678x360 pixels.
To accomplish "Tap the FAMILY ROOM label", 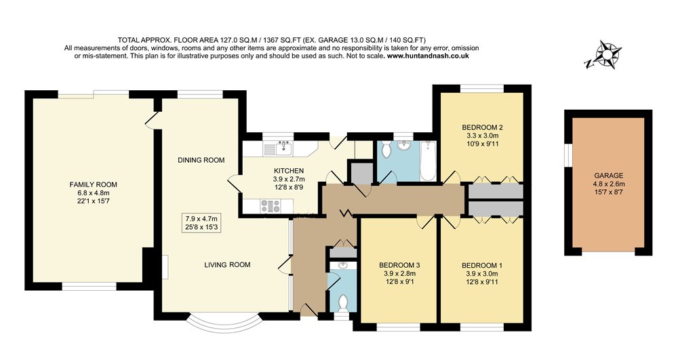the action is (x=93, y=184).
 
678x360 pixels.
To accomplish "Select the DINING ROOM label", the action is (x=201, y=160).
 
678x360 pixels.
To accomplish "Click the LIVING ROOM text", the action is (x=227, y=264).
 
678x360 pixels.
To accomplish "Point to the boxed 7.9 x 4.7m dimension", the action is (x=201, y=222).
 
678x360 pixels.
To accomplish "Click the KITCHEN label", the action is (x=288, y=171).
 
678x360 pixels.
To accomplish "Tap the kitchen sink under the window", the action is (x=284, y=148).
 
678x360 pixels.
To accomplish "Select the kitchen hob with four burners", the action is (x=271, y=206).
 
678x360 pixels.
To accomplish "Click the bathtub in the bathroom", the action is (x=428, y=161).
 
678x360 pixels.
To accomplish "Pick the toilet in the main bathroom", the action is (x=386, y=148).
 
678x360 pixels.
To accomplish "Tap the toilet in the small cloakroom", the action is (x=343, y=302).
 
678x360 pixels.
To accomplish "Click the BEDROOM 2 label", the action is (x=482, y=127).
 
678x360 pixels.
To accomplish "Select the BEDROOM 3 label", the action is (x=399, y=265).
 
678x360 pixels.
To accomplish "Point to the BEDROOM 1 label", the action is (x=481, y=265).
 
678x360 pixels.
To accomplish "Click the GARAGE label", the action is (x=608, y=176).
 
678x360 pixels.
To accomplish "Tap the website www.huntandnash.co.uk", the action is (x=428, y=56).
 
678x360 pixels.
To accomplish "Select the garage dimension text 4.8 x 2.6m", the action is (x=608, y=184).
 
